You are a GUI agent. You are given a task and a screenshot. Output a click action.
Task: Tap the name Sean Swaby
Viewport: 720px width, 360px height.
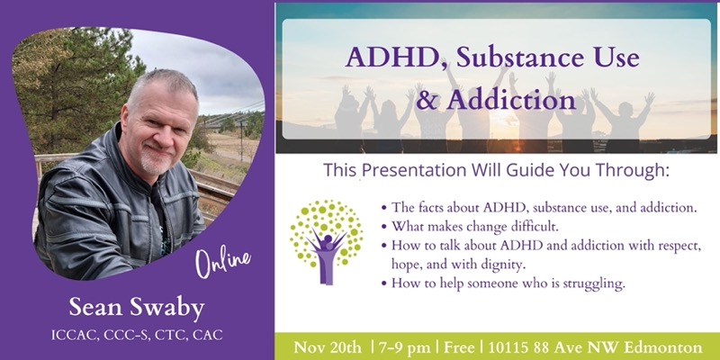point(137,308)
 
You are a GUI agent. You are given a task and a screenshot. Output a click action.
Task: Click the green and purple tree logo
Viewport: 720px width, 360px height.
point(327,242)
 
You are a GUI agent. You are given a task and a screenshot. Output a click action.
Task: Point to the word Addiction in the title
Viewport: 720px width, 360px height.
point(510,101)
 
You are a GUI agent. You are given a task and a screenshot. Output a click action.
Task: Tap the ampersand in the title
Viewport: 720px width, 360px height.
point(427,101)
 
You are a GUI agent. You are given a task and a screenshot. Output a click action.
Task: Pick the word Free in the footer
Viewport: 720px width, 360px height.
point(459,347)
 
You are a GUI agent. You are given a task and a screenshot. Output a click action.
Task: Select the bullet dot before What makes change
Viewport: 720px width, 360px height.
point(384,227)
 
